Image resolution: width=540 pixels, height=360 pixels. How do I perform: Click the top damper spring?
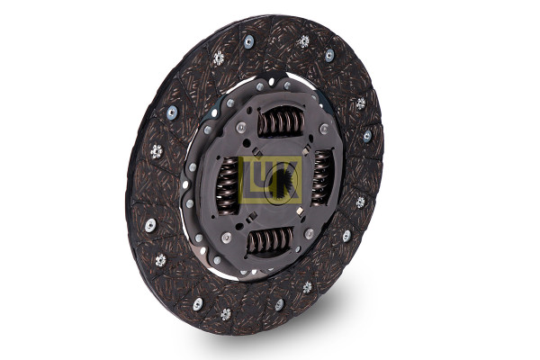point(282,121)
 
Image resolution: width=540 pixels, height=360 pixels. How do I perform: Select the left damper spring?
point(228,184)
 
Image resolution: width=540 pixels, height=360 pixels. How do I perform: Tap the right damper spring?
point(320,176)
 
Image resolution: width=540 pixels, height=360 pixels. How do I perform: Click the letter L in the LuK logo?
point(248,179)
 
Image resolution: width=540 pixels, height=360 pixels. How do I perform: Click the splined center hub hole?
point(282,184)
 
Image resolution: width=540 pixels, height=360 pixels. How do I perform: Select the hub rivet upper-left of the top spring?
point(240,127)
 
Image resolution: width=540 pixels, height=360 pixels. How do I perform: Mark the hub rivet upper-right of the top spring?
point(324,129)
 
